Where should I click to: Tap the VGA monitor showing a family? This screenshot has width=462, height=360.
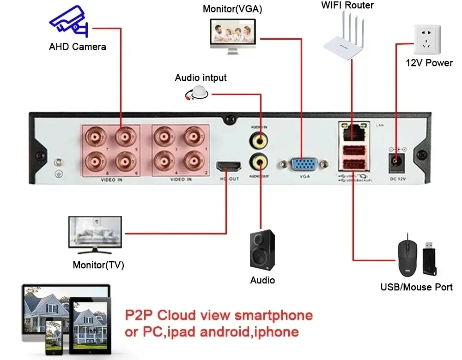point(233,34)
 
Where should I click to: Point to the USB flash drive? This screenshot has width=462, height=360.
point(431,257)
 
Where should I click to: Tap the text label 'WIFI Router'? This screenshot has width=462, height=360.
point(347,6)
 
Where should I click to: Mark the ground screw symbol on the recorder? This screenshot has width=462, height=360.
point(59,174)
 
